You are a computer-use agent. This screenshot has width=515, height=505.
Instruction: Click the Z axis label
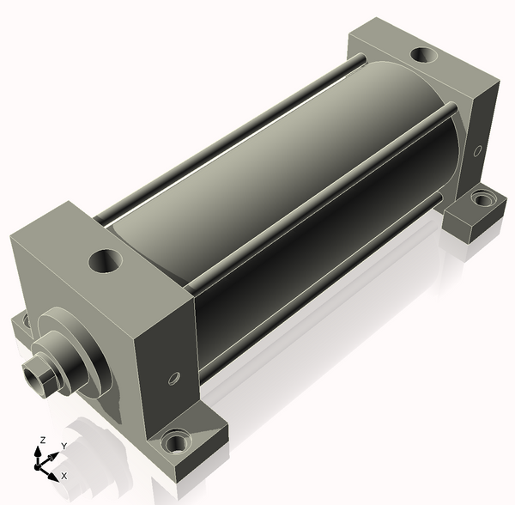42,440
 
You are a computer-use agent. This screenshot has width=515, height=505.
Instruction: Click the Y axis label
64,446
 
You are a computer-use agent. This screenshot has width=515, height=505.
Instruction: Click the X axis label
64,476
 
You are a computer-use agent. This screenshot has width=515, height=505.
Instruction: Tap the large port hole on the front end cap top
106,260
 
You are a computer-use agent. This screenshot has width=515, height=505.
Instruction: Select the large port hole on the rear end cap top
424,55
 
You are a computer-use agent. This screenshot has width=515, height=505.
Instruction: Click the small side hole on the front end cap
174,378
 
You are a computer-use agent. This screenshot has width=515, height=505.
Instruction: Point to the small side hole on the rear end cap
477,150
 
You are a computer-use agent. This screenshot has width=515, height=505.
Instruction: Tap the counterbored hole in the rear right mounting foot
482,198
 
